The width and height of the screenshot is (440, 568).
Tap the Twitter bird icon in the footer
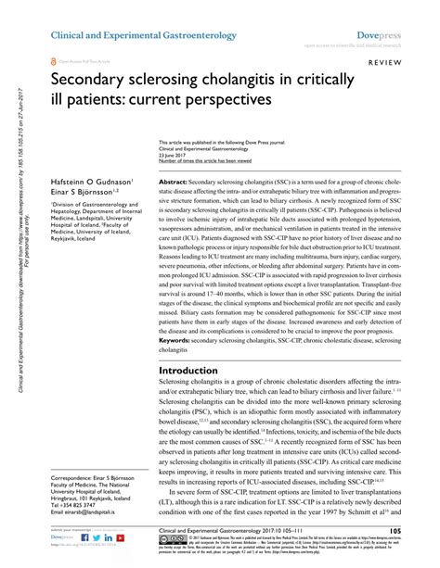coord(84,537)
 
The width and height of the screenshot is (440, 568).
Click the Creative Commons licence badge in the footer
coord(156,538)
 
